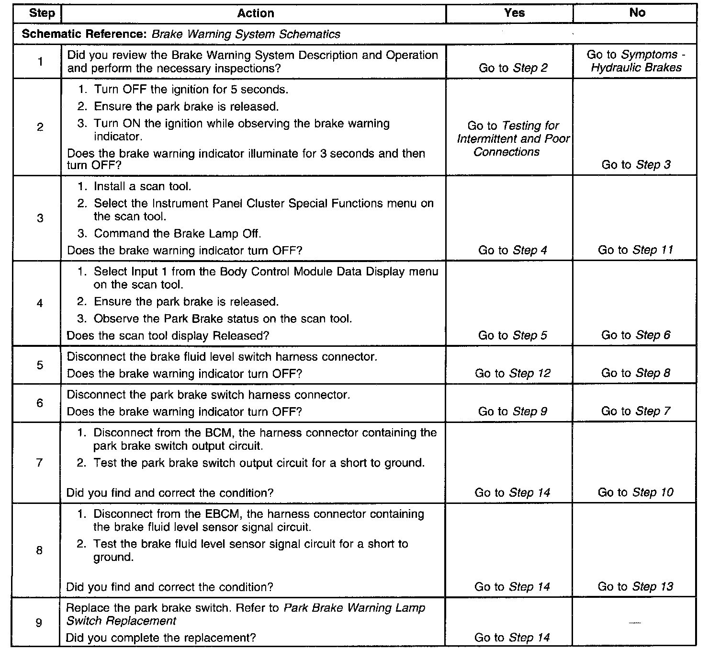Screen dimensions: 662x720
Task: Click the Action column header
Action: [x=256, y=13]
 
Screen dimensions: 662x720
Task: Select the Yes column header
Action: [x=514, y=13]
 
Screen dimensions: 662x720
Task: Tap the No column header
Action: [x=637, y=13]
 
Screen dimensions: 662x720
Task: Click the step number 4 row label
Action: [x=40, y=303]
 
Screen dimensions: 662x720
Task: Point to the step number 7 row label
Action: [x=40, y=463]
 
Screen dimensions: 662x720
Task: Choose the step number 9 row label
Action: [x=39, y=623]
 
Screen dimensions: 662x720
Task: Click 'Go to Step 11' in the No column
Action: [x=635, y=250]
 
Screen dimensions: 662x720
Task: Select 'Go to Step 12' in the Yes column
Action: [x=512, y=374]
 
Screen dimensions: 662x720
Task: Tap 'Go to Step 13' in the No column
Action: [x=635, y=587]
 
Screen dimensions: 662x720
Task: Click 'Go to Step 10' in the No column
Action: [x=635, y=492]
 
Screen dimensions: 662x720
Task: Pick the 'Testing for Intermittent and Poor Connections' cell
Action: [x=513, y=139]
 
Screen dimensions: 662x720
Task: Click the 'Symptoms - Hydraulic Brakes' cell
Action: [x=636, y=61]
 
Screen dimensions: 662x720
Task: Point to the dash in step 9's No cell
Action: [x=634, y=622]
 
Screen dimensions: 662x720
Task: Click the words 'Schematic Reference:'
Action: [x=85, y=34]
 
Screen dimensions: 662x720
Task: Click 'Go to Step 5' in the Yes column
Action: [x=512, y=335]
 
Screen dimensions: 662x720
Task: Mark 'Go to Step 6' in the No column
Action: [x=636, y=335]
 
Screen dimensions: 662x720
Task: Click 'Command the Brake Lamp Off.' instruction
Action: [x=177, y=234]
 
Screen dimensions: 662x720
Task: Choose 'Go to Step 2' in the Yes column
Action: [x=513, y=68]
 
